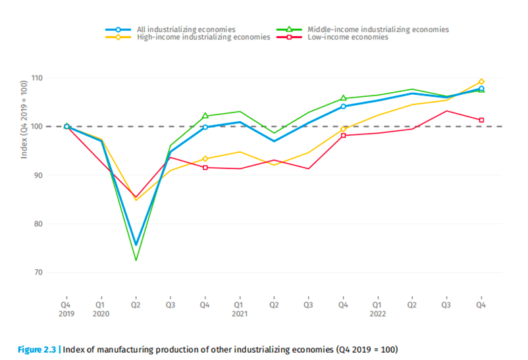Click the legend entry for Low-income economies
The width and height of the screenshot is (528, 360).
click(x=348, y=38)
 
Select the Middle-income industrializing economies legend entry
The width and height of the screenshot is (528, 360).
click(x=378, y=30)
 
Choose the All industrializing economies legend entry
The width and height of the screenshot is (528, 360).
click(x=186, y=30)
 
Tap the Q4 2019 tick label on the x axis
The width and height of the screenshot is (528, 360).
click(x=66, y=309)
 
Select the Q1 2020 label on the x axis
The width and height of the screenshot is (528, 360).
click(x=101, y=309)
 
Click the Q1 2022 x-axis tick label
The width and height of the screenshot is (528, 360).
click(x=378, y=309)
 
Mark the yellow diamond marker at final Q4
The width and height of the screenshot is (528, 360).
click(x=481, y=82)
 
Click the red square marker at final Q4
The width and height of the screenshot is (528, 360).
click(x=481, y=120)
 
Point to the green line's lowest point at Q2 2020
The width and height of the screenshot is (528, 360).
click(x=136, y=261)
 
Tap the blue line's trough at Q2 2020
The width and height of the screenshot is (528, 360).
click(x=136, y=245)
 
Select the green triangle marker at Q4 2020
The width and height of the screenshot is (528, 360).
click(x=205, y=116)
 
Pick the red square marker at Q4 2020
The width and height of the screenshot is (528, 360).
click(x=205, y=167)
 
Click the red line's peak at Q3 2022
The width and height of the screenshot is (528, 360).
click(x=447, y=111)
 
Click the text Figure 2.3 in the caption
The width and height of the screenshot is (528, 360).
click(x=35, y=348)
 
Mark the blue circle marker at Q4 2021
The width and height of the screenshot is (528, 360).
click(x=344, y=106)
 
